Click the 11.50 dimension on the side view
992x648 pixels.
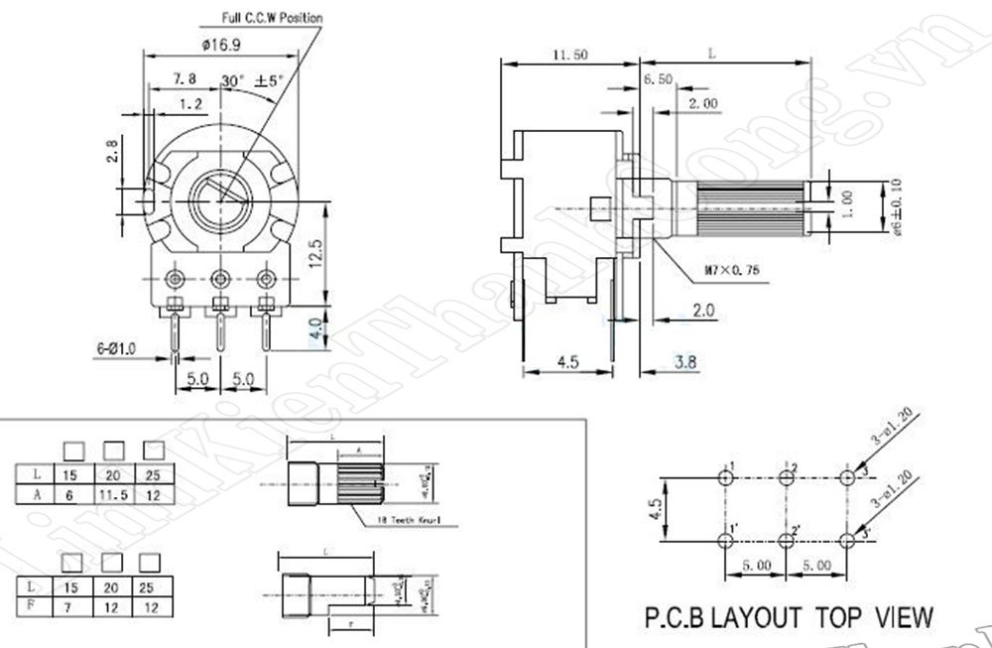click(x=568, y=54)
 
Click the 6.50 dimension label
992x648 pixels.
click(x=658, y=78)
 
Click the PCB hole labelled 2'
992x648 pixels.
click(x=786, y=540)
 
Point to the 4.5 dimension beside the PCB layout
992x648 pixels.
click(x=656, y=510)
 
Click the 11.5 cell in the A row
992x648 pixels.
click(x=110, y=494)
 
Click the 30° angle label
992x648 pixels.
click(x=232, y=79)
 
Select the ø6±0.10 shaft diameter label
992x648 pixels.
click(x=895, y=206)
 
